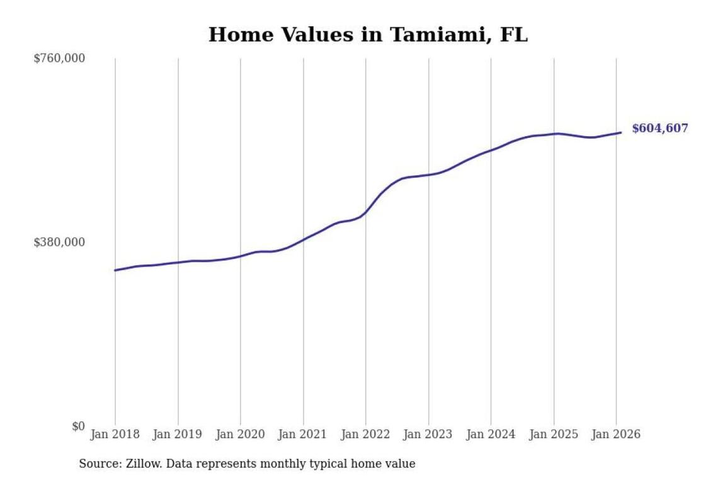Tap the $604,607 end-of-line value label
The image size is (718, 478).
tap(659, 128)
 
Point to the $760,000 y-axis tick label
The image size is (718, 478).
tap(59, 59)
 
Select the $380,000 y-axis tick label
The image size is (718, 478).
tap(59, 242)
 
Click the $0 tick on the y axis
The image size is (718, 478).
tap(77, 426)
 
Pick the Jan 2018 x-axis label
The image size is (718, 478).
tap(115, 435)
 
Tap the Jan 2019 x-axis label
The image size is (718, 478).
tap(178, 435)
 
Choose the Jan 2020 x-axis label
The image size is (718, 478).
tap(241, 435)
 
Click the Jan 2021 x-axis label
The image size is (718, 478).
tap(304, 435)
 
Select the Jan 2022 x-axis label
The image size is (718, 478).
tap(366, 435)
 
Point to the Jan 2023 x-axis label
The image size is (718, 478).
tap(428, 435)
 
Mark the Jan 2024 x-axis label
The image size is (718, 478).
tap(491, 435)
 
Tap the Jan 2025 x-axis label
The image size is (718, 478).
tap(554, 435)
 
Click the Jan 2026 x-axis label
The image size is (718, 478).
tap(617, 435)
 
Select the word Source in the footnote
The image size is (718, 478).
tap(98, 464)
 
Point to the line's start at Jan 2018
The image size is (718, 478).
tap(115, 270)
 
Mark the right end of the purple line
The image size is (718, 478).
tap(621, 132)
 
